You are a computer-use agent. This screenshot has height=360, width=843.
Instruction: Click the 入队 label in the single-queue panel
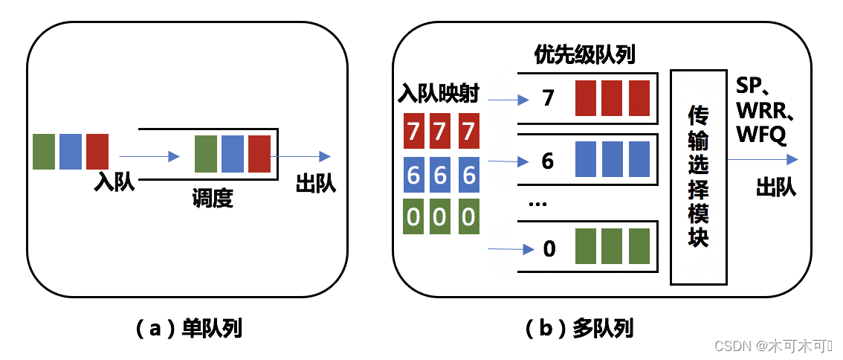click(x=114, y=182)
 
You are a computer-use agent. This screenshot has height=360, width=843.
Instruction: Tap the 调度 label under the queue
click(x=213, y=199)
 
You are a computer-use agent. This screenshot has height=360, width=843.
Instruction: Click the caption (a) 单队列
click(x=190, y=328)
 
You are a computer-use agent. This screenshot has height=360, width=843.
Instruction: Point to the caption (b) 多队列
click(x=578, y=328)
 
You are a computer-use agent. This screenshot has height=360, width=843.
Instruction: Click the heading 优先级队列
click(x=585, y=55)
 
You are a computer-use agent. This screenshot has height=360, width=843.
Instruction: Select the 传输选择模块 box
click(x=697, y=177)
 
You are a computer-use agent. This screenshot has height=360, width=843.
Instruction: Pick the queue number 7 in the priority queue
click(x=549, y=98)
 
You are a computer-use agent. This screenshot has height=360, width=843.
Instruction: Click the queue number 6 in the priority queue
click(x=548, y=161)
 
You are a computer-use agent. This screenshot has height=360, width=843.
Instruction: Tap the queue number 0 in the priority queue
click(x=549, y=248)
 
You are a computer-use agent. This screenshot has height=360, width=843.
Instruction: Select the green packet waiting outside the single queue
click(x=45, y=152)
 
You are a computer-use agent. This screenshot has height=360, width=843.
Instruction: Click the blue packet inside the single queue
click(x=233, y=155)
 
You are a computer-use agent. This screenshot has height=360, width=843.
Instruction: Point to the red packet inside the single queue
click(x=259, y=155)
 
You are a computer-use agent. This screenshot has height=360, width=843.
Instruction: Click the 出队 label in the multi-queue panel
click(x=776, y=187)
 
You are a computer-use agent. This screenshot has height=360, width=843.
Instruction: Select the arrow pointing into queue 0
click(x=509, y=249)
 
